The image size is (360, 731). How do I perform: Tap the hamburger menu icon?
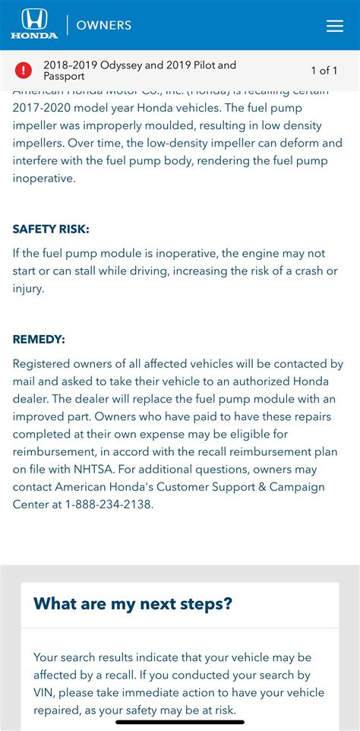[335, 26]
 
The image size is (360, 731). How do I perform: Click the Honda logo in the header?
[34, 24]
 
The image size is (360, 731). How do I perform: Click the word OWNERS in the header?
[103, 25]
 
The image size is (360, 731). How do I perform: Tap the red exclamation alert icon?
[24, 71]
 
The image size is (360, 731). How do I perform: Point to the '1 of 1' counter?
[324, 71]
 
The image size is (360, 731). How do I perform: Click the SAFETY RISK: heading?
[51, 229]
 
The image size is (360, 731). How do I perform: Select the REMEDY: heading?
[39, 340]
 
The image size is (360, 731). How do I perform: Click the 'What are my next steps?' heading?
[133, 604]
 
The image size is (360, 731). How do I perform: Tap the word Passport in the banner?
[65, 77]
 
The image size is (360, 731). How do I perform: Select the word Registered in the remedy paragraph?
[44, 364]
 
